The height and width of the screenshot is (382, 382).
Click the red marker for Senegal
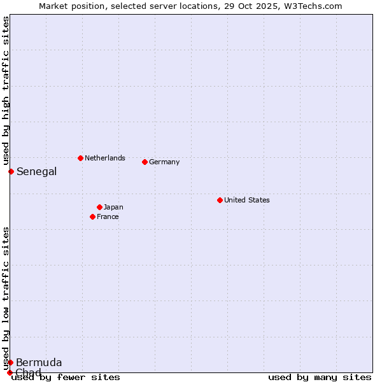11,171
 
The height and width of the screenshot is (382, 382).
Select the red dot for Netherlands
80,158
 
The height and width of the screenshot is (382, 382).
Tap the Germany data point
145,162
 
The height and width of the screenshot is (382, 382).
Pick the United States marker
220,200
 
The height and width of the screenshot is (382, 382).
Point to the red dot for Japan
99,207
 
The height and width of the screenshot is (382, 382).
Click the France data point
92,216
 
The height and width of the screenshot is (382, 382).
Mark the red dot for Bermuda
10,362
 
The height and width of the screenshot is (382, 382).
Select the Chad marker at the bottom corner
10,372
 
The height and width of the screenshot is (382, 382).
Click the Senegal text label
36,171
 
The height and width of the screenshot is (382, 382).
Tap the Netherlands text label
104,158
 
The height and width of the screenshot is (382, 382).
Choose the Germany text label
164,162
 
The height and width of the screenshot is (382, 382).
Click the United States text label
246,200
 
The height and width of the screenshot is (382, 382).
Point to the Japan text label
113,207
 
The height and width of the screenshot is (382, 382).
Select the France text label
108,216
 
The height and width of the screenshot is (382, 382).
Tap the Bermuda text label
39,362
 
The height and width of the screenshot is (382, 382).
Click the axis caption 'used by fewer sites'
66,377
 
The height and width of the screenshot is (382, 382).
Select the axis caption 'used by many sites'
320,377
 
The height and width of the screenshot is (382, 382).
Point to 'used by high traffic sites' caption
6,91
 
